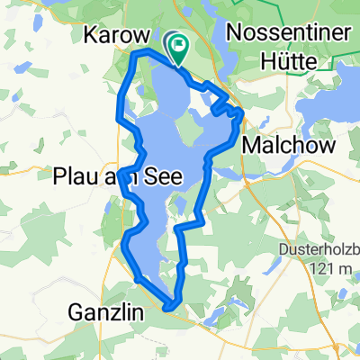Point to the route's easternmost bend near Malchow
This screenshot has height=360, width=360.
click(x=243, y=113)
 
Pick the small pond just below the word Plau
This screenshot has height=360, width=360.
click(x=108, y=205)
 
